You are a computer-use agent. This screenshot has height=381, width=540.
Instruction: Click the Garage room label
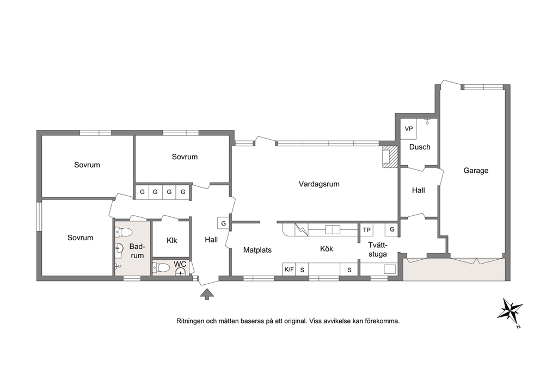[476, 171]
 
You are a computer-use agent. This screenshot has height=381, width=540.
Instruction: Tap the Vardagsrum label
[319, 184]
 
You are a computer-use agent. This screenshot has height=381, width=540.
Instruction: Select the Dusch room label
[420, 147]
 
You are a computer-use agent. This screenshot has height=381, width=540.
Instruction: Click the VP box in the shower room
[408, 129]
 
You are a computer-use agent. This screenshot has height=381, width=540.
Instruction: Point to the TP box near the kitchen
[366, 230]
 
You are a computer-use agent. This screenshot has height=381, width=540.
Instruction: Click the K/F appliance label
[289, 269]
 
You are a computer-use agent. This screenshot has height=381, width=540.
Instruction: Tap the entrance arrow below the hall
[207, 294]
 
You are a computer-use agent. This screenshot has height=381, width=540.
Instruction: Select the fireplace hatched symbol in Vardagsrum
[390, 157]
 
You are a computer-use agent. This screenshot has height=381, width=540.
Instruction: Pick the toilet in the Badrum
[124, 232]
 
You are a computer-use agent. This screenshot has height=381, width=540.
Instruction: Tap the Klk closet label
[171, 240]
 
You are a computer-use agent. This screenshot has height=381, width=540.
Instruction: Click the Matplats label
[257, 250]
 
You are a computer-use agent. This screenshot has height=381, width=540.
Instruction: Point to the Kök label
[327, 248]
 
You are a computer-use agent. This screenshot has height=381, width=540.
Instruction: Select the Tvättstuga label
[377, 249]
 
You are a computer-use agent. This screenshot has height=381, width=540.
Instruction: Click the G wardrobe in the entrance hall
[223, 223]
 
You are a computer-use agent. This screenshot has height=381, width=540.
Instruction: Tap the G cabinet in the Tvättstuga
[391, 229]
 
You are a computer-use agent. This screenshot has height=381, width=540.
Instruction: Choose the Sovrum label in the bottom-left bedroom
[80, 238]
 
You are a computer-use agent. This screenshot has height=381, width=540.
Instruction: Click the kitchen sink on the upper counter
[333, 229]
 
